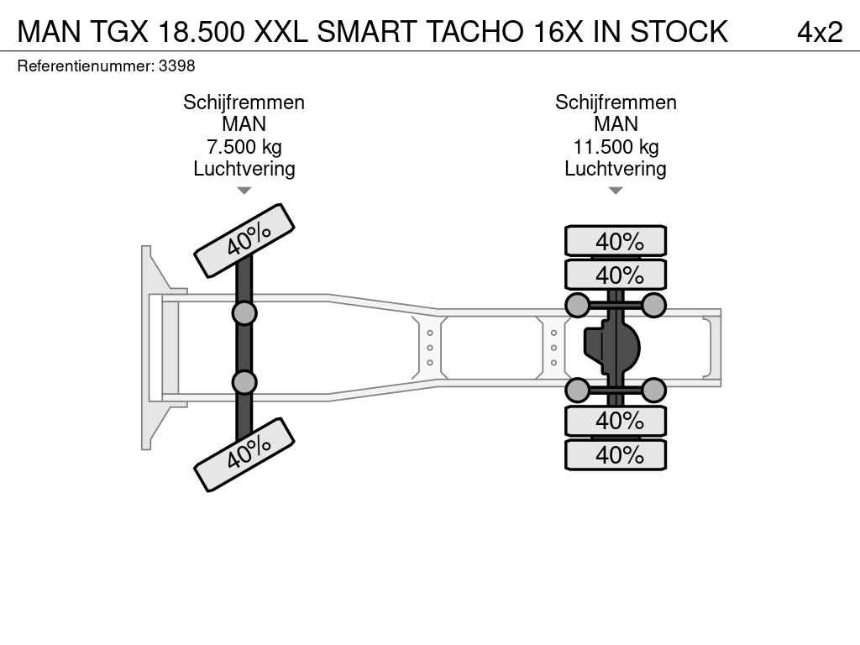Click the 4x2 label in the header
coord(820,32)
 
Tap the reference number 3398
coord(176,66)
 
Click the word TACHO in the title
coord(474,32)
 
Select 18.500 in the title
coord(201,32)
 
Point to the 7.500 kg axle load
coord(244,147)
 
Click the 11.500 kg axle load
coord(616,147)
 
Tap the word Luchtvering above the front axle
coord(244,169)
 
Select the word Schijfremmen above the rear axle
coord(616,102)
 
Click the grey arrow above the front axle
coord(244,191)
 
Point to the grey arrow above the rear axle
coord(616,191)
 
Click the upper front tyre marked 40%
coord(244,241)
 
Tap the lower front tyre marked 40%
coord(244,454)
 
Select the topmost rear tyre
coord(616,241)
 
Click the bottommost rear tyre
coord(616,454)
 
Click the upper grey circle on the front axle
coord(244,314)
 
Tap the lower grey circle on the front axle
coord(244,382)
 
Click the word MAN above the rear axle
coord(616,124)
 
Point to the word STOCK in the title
coord(679,32)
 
